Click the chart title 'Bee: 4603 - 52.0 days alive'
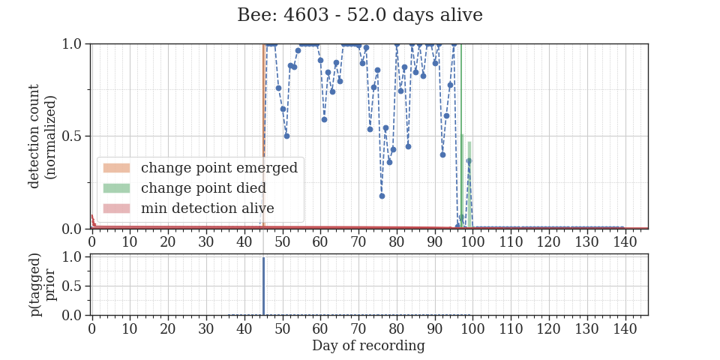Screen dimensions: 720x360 pyautogui.click(x=359, y=15)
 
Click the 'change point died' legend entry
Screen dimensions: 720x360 pyautogui.click(x=184, y=187)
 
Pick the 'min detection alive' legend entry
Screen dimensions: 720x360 pyautogui.click(x=189, y=208)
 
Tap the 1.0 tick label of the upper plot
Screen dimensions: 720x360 pyautogui.click(x=74, y=44)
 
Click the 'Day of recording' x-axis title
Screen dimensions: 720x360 pyautogui.click(x=368, y=345)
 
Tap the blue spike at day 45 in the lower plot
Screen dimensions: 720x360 pyautogui.click(x=263, y=286)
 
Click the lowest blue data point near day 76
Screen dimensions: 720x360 pyautogui.click(x=382, y=196)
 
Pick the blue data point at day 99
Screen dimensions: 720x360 pyautogui.click(x=469, y=160)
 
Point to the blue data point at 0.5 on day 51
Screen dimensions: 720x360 pyautogui.click(x=286, y=136)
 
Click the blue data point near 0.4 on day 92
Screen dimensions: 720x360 pyautogui.click(x=442, y=154)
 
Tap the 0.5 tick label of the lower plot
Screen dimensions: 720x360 pyautogui.click(x=74, y=286)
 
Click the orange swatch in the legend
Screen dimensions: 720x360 pyautogui.click(x=117, y=167)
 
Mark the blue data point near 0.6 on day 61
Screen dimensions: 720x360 pyautogui.click(x=324, y=119)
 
